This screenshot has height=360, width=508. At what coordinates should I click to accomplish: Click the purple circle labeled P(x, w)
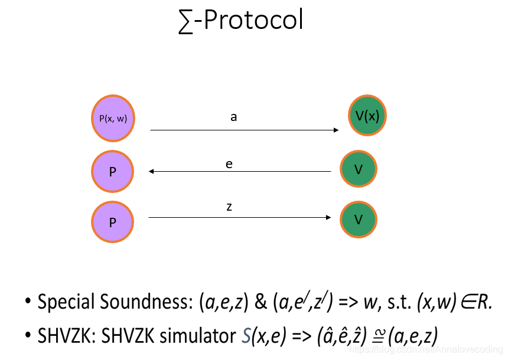coord(113,119)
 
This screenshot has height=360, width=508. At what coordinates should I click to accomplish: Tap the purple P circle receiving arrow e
coord(112,171)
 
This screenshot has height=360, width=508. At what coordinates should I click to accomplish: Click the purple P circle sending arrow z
coord(112,221)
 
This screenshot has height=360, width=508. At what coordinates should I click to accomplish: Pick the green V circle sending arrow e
coord(359,169)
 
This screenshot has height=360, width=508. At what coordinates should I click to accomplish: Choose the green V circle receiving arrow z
coord(359,220)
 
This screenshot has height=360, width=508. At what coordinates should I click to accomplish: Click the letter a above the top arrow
coord(234,117)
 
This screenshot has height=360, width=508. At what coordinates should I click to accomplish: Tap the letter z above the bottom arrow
coord(229,207)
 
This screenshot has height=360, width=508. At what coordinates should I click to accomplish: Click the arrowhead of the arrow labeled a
coord(336,130)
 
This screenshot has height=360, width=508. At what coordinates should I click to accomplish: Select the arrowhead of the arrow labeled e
coord(152,172)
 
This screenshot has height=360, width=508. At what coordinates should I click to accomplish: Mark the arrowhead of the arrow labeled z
coord(328,218)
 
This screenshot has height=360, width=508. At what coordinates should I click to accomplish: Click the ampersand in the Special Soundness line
coord(259,302)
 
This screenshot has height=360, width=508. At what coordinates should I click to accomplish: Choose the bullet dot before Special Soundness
coord(28,302)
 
